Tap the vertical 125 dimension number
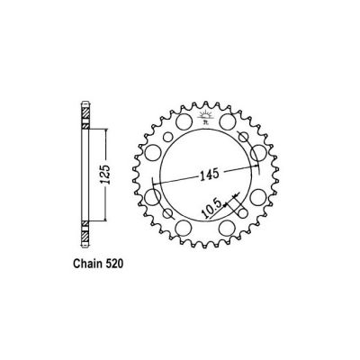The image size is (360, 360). tap(105, 172)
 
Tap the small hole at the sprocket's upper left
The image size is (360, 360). tap(165, 134)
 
